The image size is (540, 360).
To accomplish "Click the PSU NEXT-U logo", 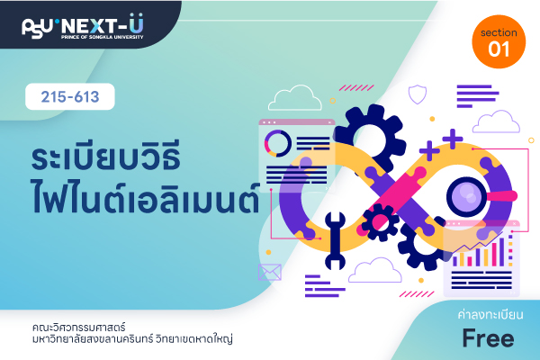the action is (x=83, y=26).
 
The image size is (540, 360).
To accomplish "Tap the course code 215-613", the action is (x=70, y=97).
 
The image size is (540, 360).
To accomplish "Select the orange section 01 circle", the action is (x=499, y=41).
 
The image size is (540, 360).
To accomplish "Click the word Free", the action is (x=488, y=338).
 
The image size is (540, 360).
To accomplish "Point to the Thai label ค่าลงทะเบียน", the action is (x=490, y=314).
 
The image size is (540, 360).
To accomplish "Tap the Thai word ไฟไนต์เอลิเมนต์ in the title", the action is (x=145, y=196).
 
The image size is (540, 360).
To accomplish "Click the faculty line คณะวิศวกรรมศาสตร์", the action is (x=79, y=327).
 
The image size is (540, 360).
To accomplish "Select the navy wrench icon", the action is (x=335, y=240).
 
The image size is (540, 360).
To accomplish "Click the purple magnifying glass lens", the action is (x=466, y=197).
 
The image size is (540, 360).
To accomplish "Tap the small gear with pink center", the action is (x=380, y=222).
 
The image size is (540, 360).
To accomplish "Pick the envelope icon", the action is (x=270, y=272).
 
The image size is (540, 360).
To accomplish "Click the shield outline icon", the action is (x=418, y=94).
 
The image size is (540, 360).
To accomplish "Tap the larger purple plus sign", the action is (x=453, y=139).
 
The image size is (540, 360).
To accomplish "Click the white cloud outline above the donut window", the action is (x=295, y=98).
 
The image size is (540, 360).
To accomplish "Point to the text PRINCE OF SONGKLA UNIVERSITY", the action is (x=103, y=37).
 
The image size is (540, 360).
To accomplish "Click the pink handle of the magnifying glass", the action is (x=502, y=196).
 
